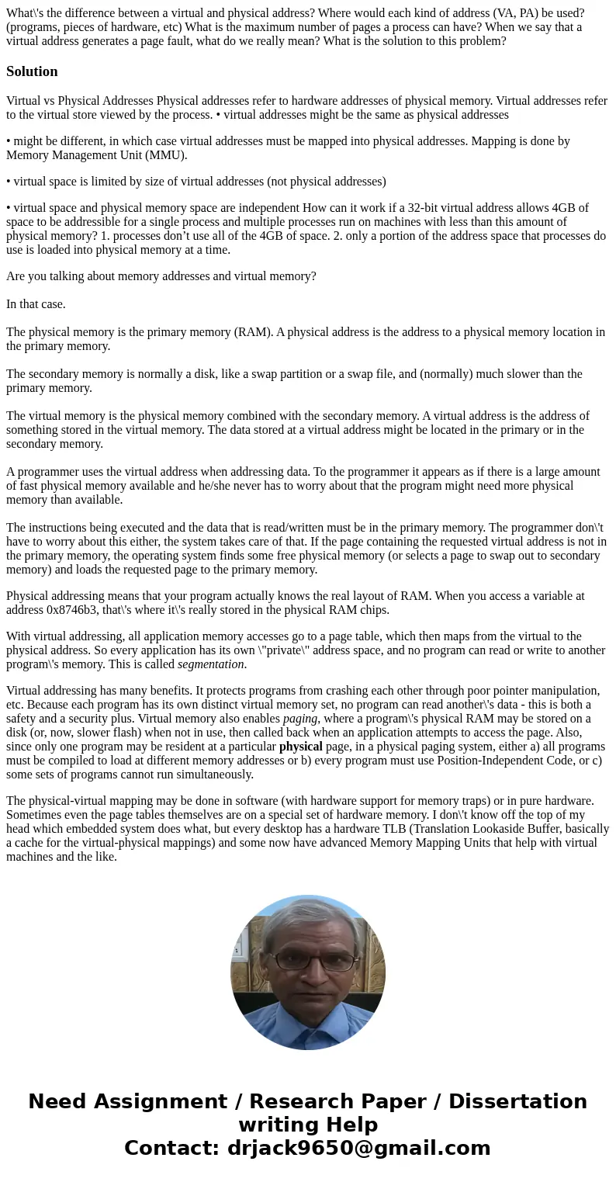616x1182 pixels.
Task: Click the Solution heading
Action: (x=32, y=71)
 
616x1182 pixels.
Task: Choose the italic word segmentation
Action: (x=210, y=664)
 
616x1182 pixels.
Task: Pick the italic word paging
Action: (x=300, y=719)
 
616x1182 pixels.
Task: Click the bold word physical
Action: (x=300, y=747)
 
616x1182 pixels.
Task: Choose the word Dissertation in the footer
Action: (x=517, y=1102)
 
